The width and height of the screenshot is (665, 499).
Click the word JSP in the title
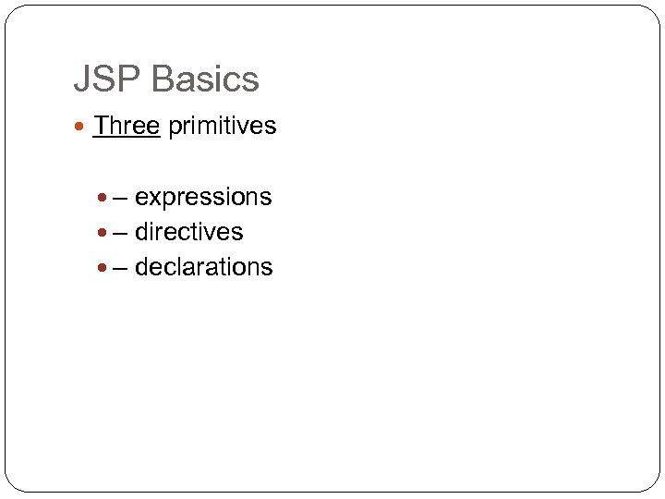click(107, 79)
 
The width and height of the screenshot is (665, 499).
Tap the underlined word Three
click(127, 126)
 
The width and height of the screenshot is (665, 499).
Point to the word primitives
click(222, 126)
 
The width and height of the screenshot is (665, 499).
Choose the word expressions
click(203, 198)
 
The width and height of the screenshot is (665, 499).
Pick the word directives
click(188, 232)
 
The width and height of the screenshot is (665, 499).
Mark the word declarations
click(203, 267)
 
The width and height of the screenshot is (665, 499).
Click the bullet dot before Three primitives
click(82, 127)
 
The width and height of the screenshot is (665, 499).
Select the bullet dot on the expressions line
click(103, 198)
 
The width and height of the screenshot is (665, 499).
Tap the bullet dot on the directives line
click(103, 233)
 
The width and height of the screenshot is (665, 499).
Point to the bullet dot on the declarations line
click(103, 268)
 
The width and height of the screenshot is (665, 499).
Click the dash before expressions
click(120, 198)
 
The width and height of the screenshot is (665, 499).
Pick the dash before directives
click(120, 233)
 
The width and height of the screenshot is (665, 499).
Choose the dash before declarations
click(120, 268)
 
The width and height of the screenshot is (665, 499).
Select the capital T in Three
click(100, 126)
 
